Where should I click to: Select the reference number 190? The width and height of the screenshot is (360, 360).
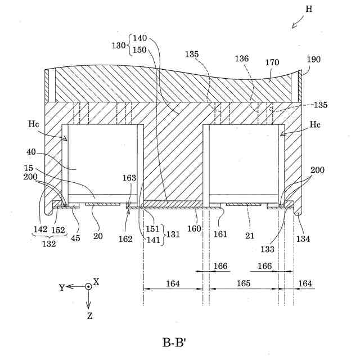[314, 60]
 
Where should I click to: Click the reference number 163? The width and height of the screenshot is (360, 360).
[130, 178]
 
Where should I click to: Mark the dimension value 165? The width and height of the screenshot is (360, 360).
[244, 283]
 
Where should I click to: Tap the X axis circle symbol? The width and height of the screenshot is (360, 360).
[88, 286]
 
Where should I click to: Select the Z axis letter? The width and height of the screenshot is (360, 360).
[89, 316]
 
